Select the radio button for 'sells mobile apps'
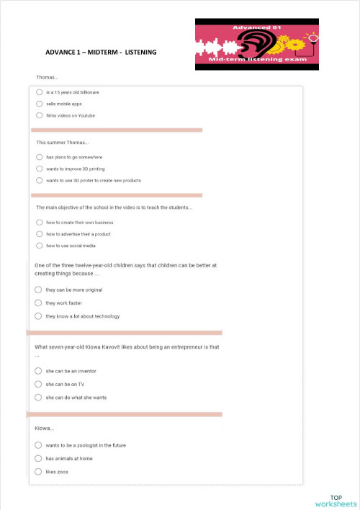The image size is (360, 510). click(x=39, y=104)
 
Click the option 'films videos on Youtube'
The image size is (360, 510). click(x=39, y=115)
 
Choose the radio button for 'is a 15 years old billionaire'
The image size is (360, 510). click(x=39, y=92)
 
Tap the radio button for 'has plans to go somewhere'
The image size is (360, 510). click(x=39, y=157)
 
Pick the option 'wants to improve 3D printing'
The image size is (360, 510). click(x=39, y=169)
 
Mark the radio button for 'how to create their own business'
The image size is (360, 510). click(x=39, y=223)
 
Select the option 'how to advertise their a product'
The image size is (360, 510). click(x=39, y=234)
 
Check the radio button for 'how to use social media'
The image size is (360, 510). click(x=39, y=246)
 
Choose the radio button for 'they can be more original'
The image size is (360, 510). click(x=38, y=290)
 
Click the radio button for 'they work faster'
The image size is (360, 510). click(x=38, y=303)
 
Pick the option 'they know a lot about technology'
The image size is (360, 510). click(x=38, y=316)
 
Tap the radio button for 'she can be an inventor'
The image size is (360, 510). click(x=38, y=371)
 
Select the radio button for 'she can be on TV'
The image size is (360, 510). click(x=38, y=384)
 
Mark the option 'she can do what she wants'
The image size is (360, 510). click(x=38, y=397)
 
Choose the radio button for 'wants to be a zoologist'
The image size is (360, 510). click(x=38, y=445)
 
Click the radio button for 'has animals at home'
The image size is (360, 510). click(x=38, y=458)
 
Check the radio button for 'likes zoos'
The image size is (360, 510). click(x=38, y=471)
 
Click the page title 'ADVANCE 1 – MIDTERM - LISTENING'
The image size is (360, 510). click(x=100, y=53)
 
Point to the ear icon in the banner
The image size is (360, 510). click(x=256, y=48)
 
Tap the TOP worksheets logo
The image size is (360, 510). click(x=336, y=501)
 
